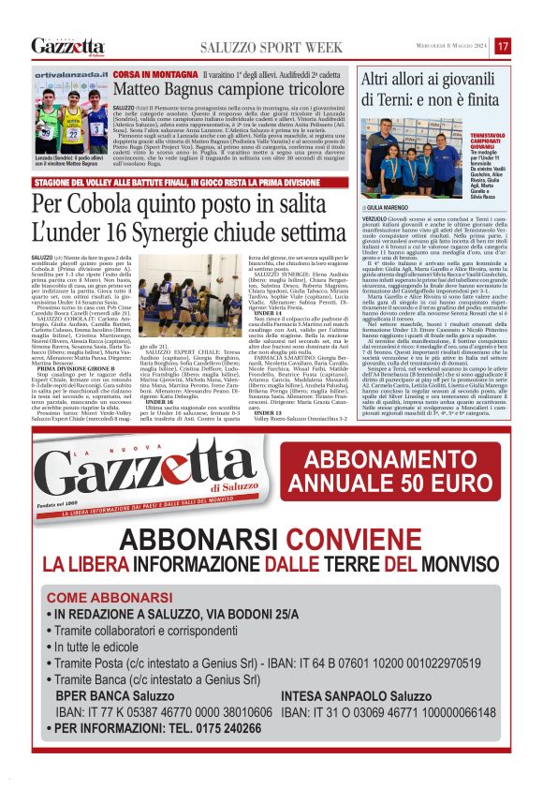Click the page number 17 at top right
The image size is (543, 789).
click(503, 46)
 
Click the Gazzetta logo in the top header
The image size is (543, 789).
click(66, 46)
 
